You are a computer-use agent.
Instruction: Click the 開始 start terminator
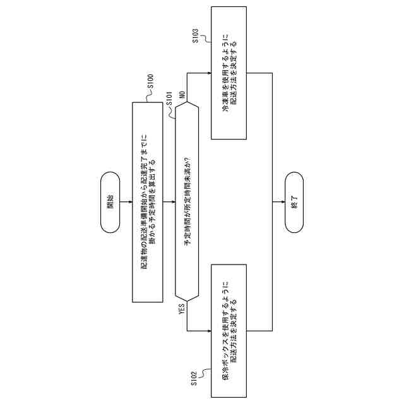[x=110, y=202]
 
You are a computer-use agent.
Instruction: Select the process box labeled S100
[x=148, y=202]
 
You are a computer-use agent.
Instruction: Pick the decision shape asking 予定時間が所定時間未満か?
[x=186, y=202]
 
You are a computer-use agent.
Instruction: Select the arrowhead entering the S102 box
[x=208, y=331]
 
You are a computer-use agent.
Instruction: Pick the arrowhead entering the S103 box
[x=208, y=73]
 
